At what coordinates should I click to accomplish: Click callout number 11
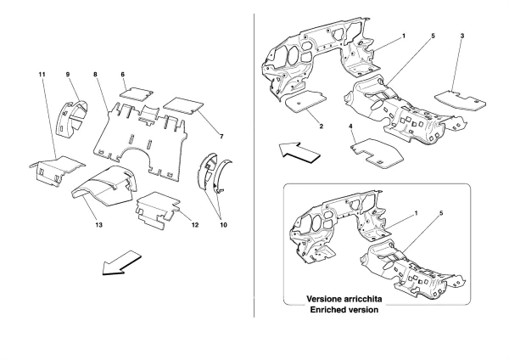click(x=42, y=75)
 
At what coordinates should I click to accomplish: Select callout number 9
click(x=67, y=75)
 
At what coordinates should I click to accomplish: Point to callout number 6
click(x=123, y=75)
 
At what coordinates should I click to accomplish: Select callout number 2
click(x=322, y=126)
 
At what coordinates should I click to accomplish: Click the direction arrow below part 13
click(x=120, y=262)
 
